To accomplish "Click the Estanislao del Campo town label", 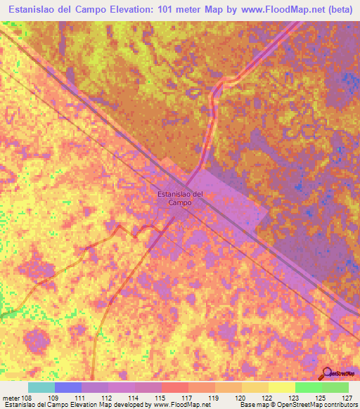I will tap(180, 197).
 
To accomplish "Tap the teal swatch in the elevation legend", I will tap(41, 387).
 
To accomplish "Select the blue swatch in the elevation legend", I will tap(68, 387).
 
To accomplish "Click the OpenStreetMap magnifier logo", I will tap(326, 373).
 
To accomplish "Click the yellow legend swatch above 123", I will tap(281, 387).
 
